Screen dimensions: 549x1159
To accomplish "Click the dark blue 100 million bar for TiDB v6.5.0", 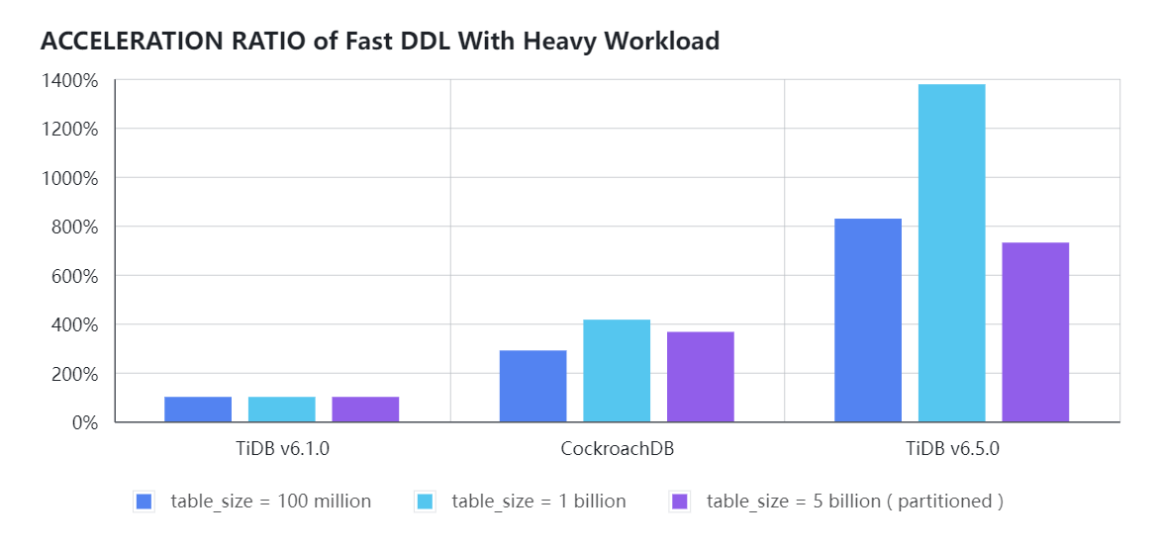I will [868, 320].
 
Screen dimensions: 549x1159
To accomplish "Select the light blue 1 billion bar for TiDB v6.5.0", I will [951, 253].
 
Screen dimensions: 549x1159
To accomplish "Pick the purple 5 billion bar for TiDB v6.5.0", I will [1035, 332].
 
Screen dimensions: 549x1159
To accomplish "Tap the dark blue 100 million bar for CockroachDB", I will [532, 386].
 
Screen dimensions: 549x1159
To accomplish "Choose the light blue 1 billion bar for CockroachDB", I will [617, 371].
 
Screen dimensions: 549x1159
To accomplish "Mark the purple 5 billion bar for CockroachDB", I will [700, 377].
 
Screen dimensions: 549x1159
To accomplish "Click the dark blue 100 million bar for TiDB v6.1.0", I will [198, 410].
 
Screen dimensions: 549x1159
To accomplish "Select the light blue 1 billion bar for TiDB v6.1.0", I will [281, 410].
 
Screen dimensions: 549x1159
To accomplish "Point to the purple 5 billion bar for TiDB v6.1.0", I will [365, 410].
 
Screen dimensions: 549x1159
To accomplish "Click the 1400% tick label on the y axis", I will [69, 80].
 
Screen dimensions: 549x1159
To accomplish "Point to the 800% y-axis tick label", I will [75, 227].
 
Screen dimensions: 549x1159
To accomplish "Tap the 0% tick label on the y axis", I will [84, 422].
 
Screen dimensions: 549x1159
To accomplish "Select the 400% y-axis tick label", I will [75, 324].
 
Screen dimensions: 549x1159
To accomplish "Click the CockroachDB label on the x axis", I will [617, 448].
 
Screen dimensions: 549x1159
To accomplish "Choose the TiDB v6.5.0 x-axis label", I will [951, 448].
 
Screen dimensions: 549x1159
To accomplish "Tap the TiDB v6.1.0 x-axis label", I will [282, 448].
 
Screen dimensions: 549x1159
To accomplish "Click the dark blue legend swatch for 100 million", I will [144, 502].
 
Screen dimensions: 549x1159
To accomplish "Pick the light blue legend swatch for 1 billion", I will [425, 502].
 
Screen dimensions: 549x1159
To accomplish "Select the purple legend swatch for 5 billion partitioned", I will [679, 502].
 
